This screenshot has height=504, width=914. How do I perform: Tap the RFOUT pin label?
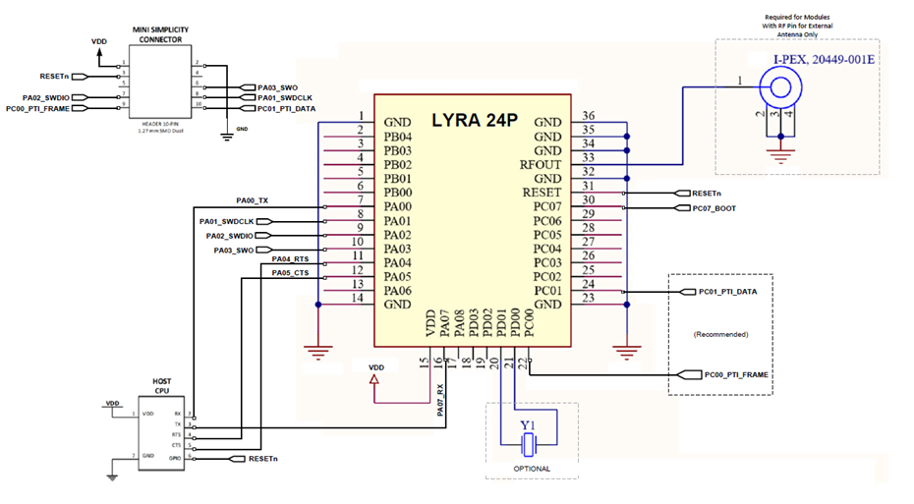540,165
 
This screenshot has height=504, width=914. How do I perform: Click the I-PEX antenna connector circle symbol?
782,87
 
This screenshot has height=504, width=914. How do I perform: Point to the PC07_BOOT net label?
714,208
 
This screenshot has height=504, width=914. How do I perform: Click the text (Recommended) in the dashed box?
721,334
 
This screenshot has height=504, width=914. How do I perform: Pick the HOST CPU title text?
162,385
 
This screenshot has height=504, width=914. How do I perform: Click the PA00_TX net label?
254,200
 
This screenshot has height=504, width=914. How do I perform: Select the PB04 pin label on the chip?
397,137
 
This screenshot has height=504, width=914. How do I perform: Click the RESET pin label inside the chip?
539,194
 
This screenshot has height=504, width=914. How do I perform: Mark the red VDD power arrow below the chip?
374,391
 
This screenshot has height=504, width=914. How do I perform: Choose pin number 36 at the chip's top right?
589,116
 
